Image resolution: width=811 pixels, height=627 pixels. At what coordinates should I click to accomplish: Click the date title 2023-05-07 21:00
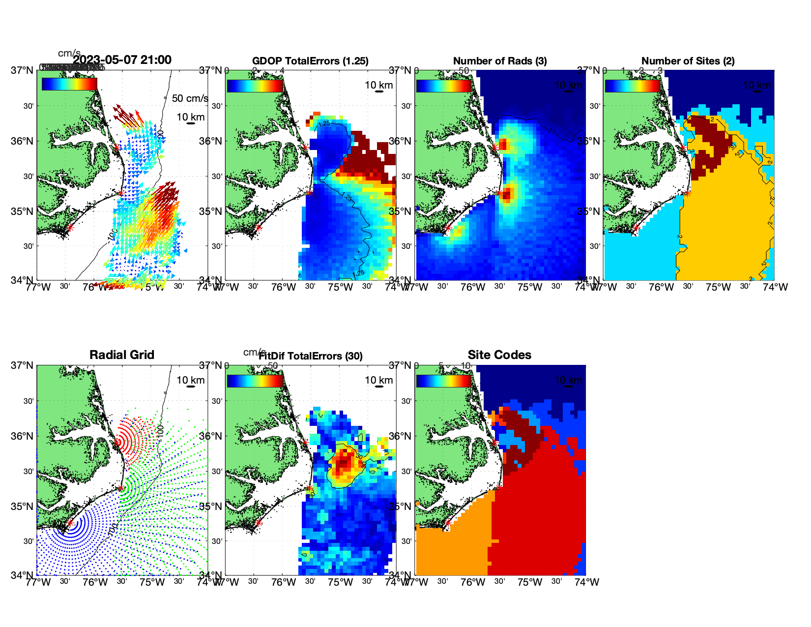(x=122, y=60)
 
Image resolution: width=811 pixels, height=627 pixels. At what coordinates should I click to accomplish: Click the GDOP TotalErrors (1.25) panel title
(x=310, y=61)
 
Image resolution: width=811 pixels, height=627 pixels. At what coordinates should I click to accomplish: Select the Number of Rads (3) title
(x=500, y=61)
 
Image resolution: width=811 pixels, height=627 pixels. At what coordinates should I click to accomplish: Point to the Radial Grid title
(x=122, y=355)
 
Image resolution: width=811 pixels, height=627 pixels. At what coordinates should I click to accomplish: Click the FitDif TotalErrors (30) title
(x=311, y=356)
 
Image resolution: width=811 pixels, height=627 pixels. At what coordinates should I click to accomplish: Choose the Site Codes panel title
(x=499, y=355)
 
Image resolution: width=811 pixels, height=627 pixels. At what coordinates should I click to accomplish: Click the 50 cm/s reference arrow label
(x=190, y=98)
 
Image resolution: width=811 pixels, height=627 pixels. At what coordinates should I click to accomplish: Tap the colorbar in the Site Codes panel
(x=444, y=381)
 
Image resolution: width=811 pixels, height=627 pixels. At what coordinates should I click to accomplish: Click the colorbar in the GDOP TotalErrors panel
(x=255, y=86)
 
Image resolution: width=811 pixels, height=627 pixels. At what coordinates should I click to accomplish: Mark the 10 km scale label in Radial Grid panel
(x=191, y=380)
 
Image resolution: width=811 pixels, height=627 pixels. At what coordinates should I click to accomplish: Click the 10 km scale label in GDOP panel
(x=378, y=85)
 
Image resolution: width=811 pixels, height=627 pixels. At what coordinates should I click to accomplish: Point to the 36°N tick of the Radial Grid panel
(x=23, y=436)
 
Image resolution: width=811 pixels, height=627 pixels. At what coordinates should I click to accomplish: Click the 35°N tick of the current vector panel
(x=23, y=211)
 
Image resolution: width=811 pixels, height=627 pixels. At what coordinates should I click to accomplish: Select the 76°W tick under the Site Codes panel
(x=473, y=582)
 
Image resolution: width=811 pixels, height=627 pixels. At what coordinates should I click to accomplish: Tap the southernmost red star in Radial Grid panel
(x=70, y=523)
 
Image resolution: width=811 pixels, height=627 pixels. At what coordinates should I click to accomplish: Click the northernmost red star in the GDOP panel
(x=305, y=147)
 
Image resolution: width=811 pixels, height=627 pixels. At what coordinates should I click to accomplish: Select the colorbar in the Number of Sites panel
(x=633, y=86)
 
